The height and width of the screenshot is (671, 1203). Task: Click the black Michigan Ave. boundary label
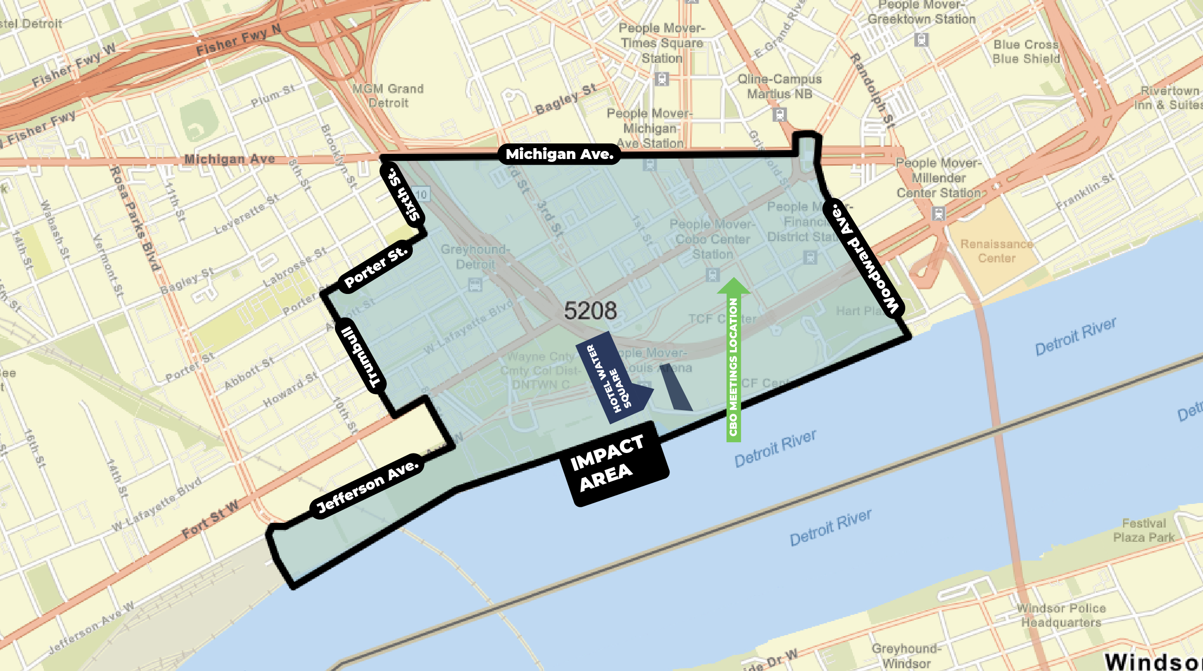coord(559,154)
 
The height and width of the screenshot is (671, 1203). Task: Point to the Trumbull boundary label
coord(361,357)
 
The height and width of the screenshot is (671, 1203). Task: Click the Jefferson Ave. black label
coord(368,487)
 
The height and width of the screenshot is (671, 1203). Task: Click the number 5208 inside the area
coord(590,311)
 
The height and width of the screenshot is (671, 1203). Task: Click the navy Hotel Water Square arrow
coord(614,378)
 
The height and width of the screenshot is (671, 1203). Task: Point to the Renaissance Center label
coord(996,251)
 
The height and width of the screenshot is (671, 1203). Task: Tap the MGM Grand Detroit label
coord(388,96)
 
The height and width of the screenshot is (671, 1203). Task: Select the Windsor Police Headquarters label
coord(1061,615)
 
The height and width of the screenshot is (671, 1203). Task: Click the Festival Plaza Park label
coord(1144,530)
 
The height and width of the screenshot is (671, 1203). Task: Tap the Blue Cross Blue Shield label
coord(1026,51)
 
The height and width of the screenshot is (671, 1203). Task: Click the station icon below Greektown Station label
coord(921,40)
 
